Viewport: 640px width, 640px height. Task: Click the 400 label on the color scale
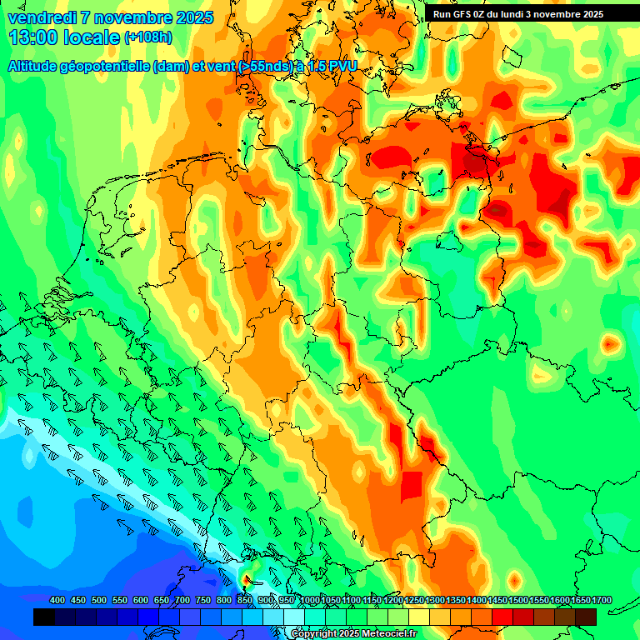(x=57, y=601)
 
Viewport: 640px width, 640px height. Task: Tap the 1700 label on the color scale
(x=581, y=601)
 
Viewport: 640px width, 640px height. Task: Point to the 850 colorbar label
(x=245, y=601)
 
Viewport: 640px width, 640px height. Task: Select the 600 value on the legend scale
(x=141, y=601)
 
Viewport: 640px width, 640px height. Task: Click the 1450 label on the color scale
(x=497, y=601)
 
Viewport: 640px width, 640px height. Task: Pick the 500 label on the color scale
(x=99, y=601)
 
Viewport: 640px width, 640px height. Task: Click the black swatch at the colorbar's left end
(x=44, y=617)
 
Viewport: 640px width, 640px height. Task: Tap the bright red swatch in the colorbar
(x=502, y=617)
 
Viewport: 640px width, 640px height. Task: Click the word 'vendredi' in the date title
(x=42, y=17)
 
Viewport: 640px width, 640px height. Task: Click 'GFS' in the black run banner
(x=462, y=14)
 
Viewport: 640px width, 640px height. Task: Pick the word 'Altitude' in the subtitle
(x=34, y=66)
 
